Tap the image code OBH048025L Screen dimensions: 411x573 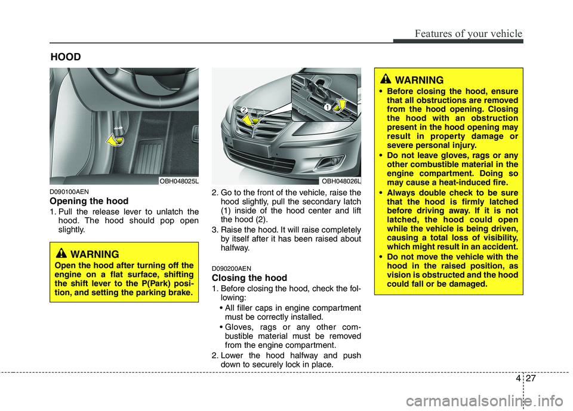[178, 180]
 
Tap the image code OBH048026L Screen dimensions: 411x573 [340, 180]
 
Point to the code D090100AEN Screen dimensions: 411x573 [71, 192]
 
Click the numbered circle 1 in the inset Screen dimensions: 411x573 [328, 106]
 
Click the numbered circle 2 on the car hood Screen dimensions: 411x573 [244, 109]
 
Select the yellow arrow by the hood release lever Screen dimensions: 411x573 [115, 141]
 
